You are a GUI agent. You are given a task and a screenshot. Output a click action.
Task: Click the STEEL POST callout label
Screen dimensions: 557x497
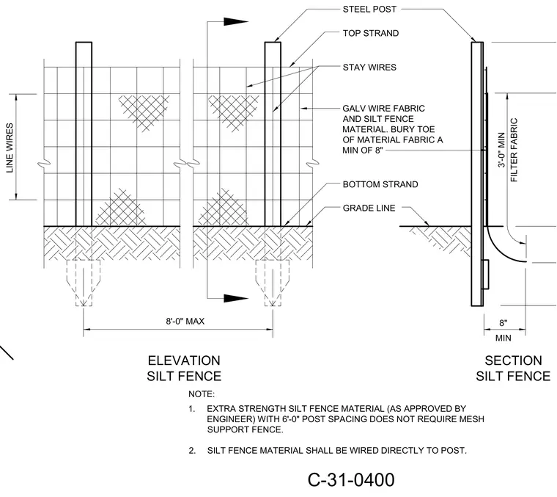click(x=369, y=10)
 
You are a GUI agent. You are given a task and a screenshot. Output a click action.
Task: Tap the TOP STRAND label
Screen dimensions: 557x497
click(x=371, y=33)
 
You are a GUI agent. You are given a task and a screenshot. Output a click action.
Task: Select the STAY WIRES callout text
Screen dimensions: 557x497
click(x=369, y=68)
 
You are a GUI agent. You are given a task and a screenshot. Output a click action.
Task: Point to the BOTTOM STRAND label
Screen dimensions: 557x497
click(x=380, y=184)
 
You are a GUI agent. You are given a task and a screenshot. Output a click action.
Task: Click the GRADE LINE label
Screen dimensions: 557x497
click(x=369, y=208)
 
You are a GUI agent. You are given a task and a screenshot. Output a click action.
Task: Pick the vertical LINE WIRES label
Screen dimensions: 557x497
click(x=10, y=148)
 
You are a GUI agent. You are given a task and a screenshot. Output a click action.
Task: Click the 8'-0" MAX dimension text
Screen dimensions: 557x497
click(x=185, y=322)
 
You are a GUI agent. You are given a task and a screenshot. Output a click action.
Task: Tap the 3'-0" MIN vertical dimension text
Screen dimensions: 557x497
click(x=501, y=150)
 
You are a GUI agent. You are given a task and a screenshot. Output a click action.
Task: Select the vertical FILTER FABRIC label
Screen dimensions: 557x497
click(x=514, y=150)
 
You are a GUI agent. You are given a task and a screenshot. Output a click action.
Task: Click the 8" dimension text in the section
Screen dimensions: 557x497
click(x=503, y=323)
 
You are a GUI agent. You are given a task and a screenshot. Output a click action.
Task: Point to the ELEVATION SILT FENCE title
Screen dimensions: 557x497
click(x=184, y=369)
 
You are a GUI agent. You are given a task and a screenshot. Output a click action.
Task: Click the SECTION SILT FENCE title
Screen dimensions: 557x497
click(x=513, y=369)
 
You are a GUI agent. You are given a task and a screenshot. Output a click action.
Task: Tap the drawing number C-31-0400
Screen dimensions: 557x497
click(x=351, y=479)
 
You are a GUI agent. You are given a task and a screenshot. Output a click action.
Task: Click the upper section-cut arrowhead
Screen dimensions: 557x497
click(x=235, y=22)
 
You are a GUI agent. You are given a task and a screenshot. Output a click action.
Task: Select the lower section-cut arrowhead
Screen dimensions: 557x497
click(x=235, y=298)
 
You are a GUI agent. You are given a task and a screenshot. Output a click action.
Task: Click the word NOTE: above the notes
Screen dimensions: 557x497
click(x=202, y=394)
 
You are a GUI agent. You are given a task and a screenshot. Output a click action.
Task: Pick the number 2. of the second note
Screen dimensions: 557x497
click(x=192, y=451)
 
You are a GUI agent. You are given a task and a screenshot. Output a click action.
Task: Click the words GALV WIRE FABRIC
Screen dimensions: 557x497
click(x=383, y=108)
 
